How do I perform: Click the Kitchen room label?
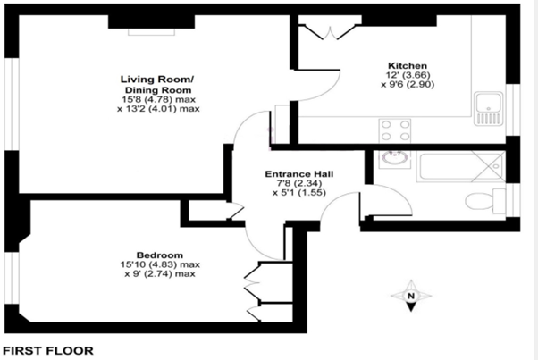(x=407, y=66)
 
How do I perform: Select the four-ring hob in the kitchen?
(x=394, y=130)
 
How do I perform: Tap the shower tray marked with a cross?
(x=488, y=165)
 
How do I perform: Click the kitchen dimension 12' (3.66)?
(x=407, y=75)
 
